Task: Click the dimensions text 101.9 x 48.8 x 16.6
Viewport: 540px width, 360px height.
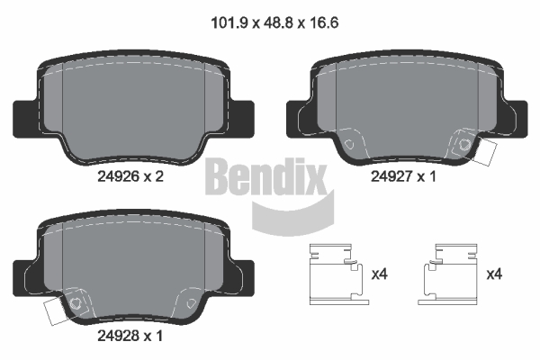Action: (x=274, y=22)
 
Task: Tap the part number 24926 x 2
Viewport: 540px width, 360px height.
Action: (x=130, y=176)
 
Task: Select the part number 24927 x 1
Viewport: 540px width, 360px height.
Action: (x=403, y=176)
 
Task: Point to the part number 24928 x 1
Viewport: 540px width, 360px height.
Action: (x=130, y=336)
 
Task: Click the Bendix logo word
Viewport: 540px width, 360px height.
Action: (x=265, y=176)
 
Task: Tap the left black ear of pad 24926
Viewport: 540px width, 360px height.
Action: (x=23, y=119)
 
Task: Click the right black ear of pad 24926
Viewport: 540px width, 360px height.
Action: (x=243, y=119)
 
